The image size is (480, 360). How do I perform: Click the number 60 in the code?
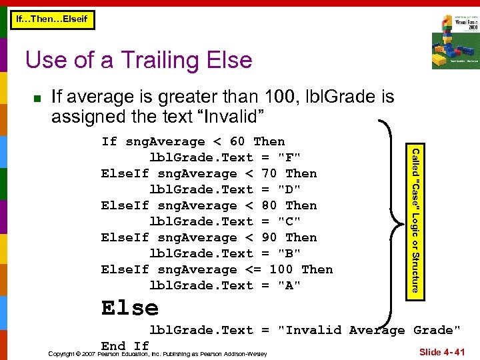[x=237, y=141]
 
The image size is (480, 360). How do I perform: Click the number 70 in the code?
[x=269, y=173]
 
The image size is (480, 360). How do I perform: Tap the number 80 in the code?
[x=269, y=205]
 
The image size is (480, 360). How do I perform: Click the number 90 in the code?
[x=269, y=237]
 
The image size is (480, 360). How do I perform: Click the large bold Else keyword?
[x=130, y=308]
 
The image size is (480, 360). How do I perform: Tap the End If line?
[x=125, y=345]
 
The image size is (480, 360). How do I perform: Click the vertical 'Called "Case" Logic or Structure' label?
[x=415, y=220]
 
